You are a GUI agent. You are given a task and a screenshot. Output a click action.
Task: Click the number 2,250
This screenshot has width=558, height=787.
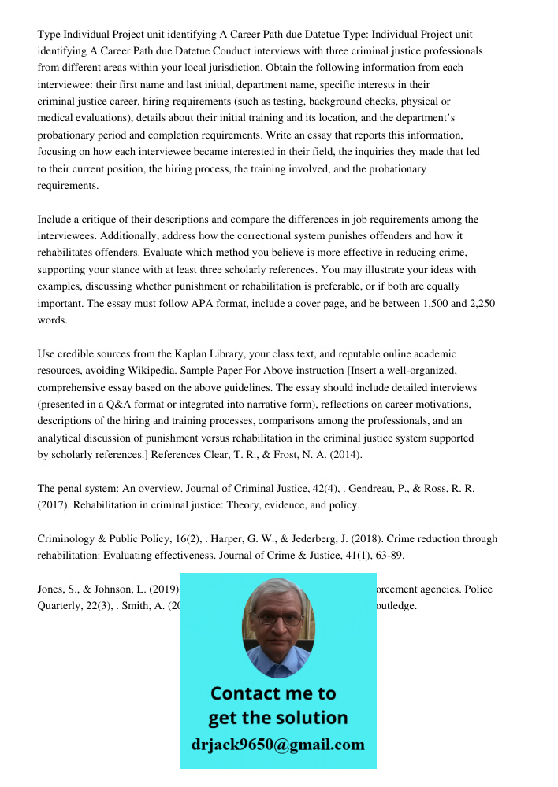478,303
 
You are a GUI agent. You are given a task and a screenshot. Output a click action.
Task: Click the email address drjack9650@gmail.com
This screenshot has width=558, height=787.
278,745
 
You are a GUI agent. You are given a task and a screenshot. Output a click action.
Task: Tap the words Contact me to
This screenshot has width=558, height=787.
273,693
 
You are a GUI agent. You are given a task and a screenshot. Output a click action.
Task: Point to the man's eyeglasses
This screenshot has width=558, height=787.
279,619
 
